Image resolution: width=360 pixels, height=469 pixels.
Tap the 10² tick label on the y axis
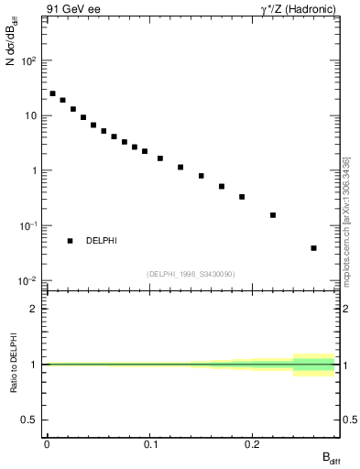[29, 60]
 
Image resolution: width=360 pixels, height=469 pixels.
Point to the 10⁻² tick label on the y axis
[29, 280]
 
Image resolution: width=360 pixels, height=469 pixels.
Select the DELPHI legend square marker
[70, 241]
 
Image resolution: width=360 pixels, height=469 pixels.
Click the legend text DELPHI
[102, 241]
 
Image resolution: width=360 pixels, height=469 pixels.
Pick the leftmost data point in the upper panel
[52, 93]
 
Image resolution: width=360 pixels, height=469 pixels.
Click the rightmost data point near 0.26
[313, 248]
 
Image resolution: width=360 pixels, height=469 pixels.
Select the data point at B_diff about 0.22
[273, 215]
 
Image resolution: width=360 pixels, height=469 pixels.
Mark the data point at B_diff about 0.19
[242, 197]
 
